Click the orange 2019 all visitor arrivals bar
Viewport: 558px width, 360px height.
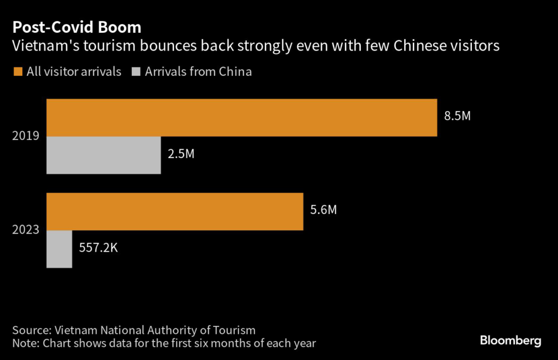242,118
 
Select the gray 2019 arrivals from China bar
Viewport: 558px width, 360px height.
104,155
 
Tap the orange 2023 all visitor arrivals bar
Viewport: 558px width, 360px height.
175,211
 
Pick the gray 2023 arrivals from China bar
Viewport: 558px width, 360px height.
59,249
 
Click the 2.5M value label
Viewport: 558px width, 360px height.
181,154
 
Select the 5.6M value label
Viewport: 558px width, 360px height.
324,210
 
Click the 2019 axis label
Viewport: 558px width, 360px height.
26,136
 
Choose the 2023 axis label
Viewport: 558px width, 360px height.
26,229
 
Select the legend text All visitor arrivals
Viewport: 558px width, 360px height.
74,71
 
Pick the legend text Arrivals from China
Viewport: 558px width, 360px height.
198,71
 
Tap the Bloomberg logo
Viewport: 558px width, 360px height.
511,341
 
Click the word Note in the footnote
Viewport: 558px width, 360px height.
25,344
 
